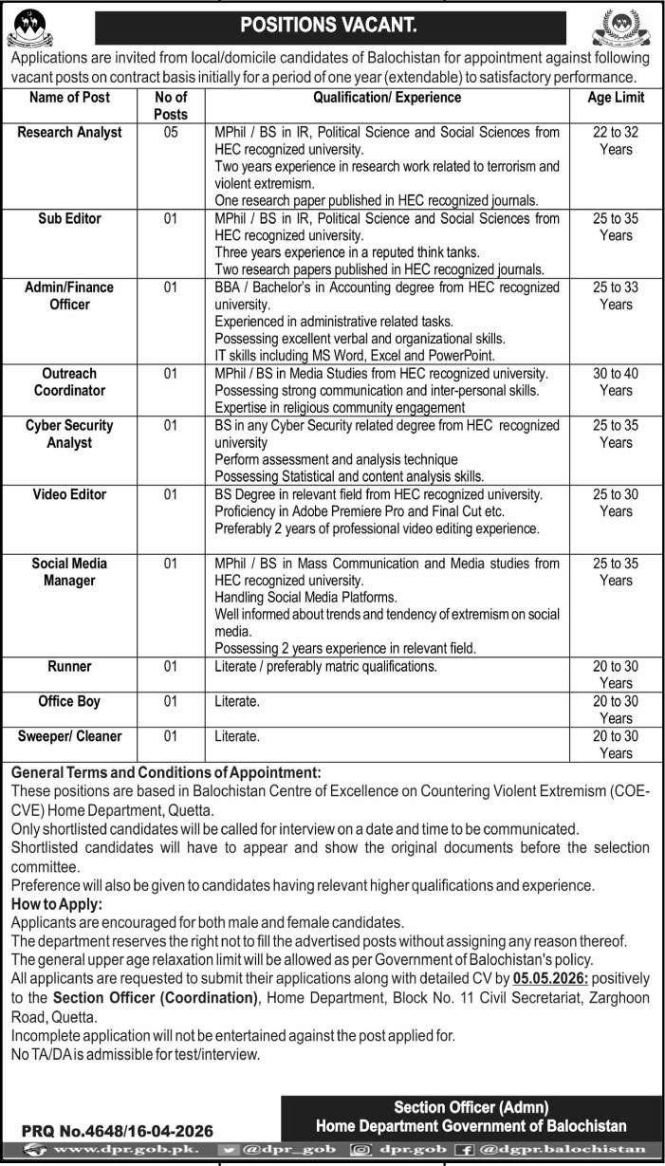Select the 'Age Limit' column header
point(616,98)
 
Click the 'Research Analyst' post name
point(69,133)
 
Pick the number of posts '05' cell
point(171,133)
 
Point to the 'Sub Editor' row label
point(69,218)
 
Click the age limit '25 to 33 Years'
point(616,295)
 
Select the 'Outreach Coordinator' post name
point(69,381)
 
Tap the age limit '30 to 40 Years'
point(616,381)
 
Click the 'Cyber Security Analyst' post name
point(69,434)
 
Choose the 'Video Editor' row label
point(69,494)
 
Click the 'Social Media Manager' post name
point(69,571)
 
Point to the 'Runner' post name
point(69,667)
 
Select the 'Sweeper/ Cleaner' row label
point(69,735)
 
